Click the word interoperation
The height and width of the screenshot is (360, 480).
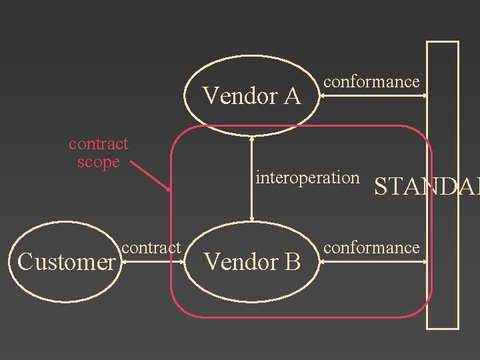(307, 178)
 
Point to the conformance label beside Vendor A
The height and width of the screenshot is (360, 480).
(371, 82)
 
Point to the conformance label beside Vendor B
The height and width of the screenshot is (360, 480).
(371, 248)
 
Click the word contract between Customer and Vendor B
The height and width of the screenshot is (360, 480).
(151, 247)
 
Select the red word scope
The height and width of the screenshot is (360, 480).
(98, 162)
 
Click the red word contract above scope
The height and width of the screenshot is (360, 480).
(99, 144)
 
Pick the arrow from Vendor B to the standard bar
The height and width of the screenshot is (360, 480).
(373, 263)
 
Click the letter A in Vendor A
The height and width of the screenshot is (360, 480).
(291, 97)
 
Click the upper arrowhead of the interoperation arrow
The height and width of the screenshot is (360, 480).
(251, 139)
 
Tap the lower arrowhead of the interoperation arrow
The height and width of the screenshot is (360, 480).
(251, 218)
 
